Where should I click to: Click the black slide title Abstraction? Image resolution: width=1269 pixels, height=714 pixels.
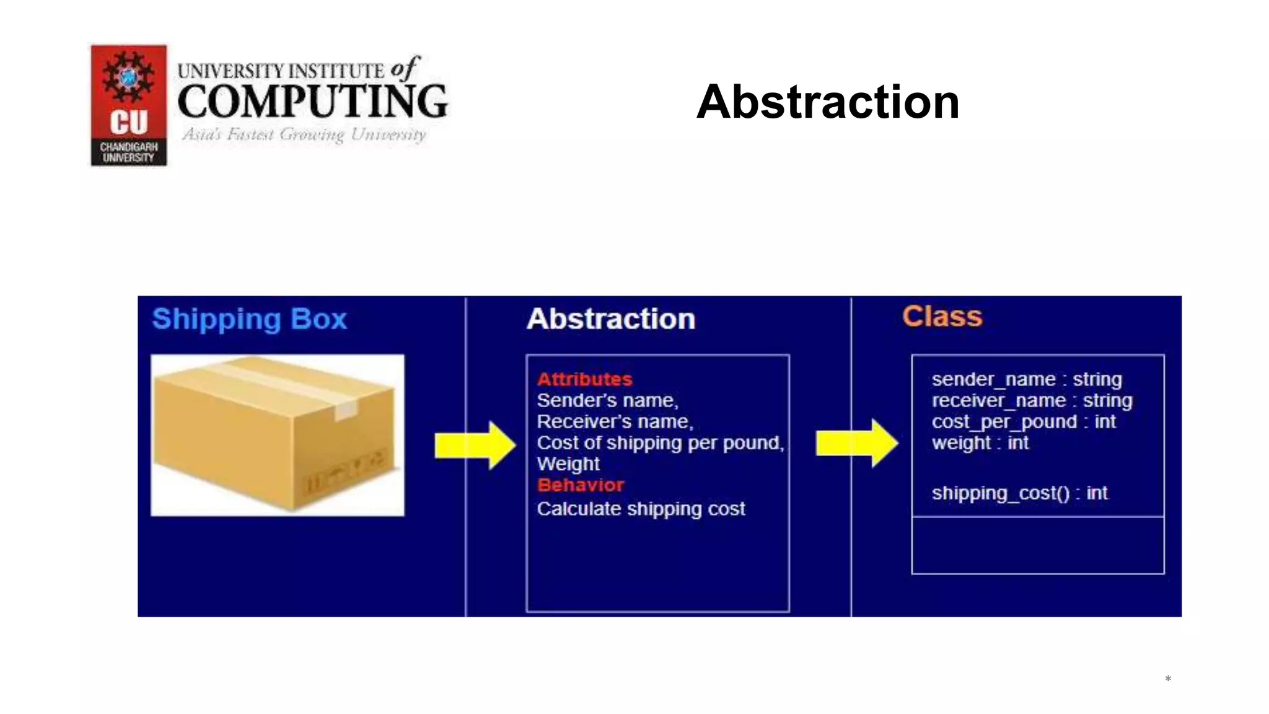[828, 102]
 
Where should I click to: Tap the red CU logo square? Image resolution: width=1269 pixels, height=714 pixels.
[129, 105]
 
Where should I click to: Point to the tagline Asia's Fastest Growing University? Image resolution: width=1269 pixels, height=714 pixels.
[304, 134]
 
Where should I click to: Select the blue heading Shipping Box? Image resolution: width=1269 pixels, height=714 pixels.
[249, 319]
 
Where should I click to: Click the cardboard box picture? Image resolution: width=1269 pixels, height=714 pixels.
[277, 434]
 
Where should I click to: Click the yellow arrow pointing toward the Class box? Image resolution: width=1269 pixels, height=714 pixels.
[857, 443]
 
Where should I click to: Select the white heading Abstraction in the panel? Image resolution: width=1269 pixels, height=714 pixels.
[610, 319]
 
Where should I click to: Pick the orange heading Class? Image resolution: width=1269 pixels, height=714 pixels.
[942, 317]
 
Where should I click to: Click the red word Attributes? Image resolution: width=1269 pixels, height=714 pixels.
[584, 379]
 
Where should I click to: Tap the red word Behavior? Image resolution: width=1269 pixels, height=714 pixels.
[581, 485]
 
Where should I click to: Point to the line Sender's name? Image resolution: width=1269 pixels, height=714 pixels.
[607, 400]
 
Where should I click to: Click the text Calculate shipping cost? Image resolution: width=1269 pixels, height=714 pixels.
[641, 509]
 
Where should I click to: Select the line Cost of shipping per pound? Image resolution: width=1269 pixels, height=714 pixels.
[660, 443]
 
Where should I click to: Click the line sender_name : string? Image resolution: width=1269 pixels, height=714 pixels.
[1026, 379]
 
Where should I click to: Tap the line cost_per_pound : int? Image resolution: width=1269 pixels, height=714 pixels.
[1023, 421]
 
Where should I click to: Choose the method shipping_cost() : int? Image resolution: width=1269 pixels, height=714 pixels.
[1019, 493]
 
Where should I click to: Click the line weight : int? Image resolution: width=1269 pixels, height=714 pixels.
[980, 443]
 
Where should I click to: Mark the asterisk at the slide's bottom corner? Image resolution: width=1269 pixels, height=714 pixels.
[1167, 679]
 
